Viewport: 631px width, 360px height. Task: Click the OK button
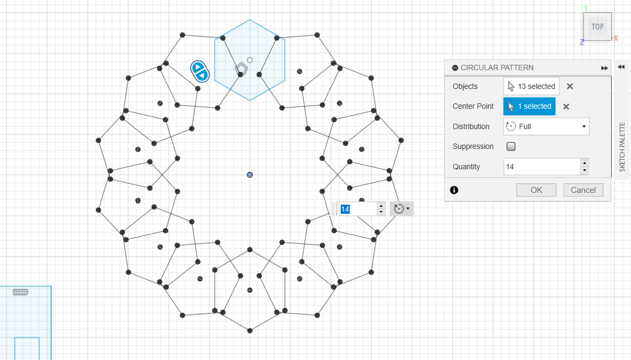(x=536, y=190)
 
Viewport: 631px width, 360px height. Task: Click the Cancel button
(x=583, y=190)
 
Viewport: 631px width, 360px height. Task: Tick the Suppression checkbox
(x=511, y=147)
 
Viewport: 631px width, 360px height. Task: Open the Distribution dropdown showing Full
(x=546, y=126)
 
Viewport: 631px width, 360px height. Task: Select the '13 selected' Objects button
(x=531, y=86)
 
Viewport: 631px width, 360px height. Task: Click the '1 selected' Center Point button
(x=529, y=106)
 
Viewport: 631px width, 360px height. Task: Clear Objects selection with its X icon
(x=570, y=86)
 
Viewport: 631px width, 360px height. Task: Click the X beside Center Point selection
(x=566, y=107)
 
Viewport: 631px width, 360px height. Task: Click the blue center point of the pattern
(x=250, y=175)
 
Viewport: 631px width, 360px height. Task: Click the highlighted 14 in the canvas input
(x=345, y=209)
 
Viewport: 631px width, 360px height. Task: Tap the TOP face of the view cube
(x=598, y=27)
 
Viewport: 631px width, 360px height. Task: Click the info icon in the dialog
(x=454, y=190)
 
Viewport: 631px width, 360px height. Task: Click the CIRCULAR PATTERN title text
(x=497, y=67)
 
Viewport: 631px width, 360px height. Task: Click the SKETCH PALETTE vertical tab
(x=622, y=147)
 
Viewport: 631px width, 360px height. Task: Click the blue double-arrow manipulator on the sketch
(x=200, y=71)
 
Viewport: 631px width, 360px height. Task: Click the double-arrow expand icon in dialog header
(x=604, y=68)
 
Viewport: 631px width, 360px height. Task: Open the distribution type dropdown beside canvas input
(x=402, y=208)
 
